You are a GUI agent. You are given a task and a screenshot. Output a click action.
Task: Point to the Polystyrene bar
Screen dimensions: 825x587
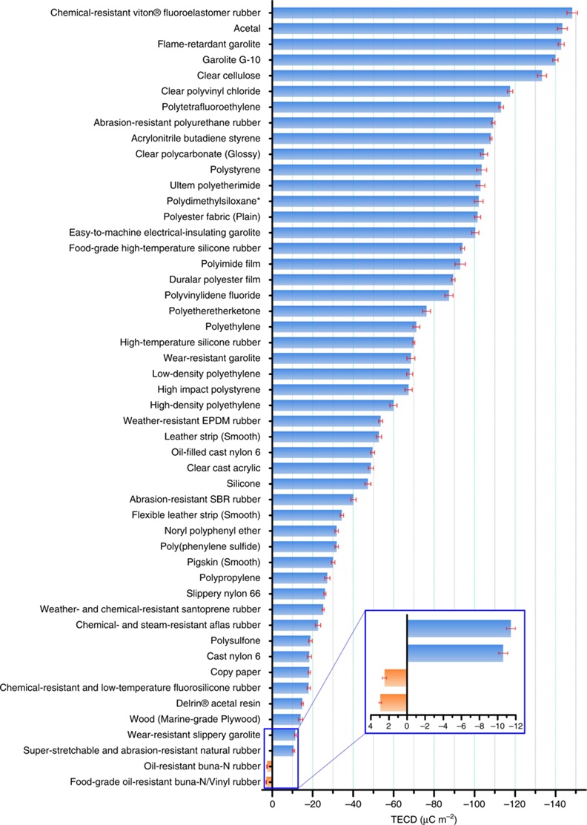pos(374,170)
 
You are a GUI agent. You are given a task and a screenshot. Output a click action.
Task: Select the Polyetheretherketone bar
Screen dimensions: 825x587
pos(348,311)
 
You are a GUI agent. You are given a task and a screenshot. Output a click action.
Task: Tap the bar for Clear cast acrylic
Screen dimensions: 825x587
pos(320,468)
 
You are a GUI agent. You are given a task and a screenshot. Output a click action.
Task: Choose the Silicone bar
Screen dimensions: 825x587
pos(319,483)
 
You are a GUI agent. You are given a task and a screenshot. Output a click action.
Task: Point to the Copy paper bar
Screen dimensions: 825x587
pos(290,672)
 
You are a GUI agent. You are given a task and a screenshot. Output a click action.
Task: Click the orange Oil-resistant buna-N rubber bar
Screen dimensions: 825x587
pos(270,766)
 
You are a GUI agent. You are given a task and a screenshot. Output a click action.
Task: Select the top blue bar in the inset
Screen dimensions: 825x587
pos(458,628)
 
